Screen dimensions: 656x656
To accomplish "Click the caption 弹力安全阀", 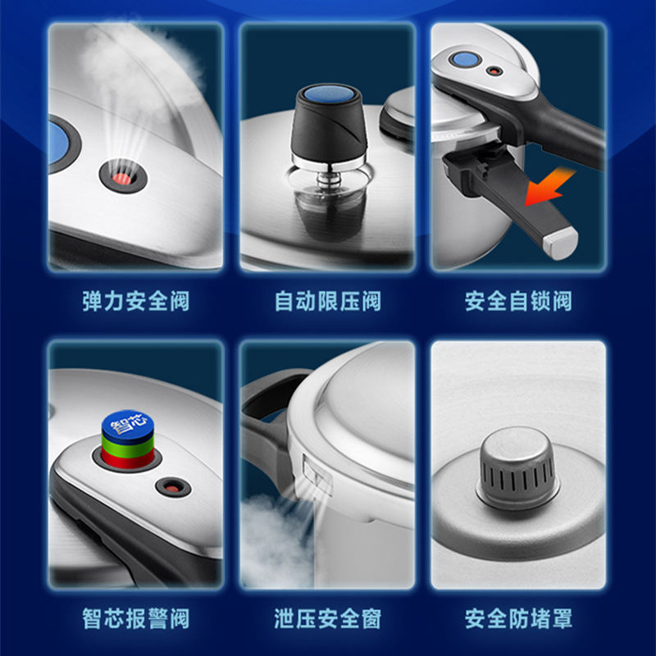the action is pos(136,301).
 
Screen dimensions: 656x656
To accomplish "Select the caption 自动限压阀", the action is pos(327,301).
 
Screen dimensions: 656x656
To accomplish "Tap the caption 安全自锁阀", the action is pos(518,301).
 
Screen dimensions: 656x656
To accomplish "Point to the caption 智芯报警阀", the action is pos(136,619).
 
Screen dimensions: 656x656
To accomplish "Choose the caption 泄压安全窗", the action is pos(327,619).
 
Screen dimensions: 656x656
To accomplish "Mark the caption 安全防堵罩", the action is pos(518,619).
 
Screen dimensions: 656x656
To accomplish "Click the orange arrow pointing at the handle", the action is pos(549,187).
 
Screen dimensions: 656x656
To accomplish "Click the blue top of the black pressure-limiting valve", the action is pos(330,94).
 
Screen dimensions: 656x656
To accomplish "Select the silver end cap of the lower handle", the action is pos(561,244).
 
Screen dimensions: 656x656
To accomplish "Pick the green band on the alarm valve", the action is pos(128,448).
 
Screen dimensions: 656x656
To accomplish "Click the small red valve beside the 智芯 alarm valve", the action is pos(172,488).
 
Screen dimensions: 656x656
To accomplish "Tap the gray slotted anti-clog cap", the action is pos(517,467).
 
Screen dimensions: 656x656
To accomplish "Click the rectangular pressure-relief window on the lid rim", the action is pos(317,474).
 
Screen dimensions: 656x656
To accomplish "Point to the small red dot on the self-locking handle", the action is pos(495,71).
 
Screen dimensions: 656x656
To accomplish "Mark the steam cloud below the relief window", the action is pos(276,544).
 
